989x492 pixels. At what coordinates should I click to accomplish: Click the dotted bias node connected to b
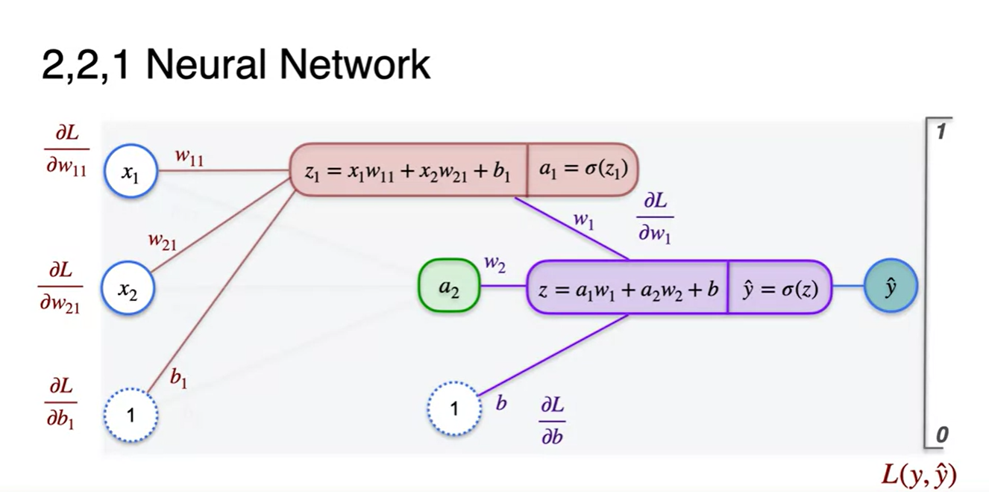(454, 408)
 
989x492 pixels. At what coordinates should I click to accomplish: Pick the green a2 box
(448, 286)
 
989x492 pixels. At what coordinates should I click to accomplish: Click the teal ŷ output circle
(890, 286)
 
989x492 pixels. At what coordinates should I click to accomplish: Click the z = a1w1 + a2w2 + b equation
(627, 287)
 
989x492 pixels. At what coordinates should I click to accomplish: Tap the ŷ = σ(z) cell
(779, 287)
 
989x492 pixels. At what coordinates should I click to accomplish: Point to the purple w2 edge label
(495, 263)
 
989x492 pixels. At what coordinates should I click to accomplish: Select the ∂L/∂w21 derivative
(60, 287)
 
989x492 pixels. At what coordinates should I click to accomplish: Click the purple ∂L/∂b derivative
(552, 420)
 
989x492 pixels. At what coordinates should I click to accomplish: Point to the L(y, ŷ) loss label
(918, 473)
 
